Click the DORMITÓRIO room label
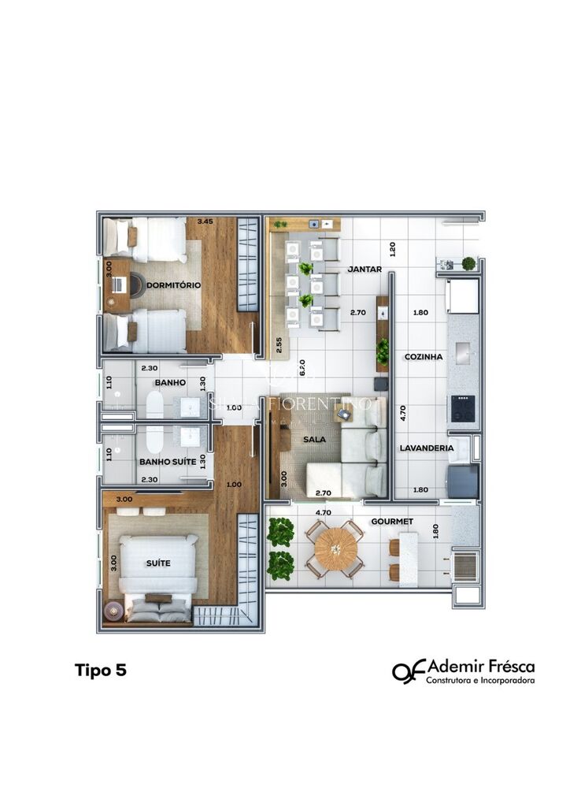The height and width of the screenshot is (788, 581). coord(173,284)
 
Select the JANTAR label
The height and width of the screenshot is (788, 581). coord(365,269)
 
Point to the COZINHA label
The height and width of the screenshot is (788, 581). coord(424,357)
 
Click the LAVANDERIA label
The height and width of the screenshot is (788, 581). coord(426,448)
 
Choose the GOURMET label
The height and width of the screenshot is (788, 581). coord(392,522)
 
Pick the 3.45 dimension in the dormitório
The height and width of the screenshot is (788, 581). coord(206,221)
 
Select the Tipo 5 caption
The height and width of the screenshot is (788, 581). coord(100,671)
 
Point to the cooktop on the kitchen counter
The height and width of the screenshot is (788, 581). coord(464,408)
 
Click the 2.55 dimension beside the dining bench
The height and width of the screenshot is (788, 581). coord(279,344)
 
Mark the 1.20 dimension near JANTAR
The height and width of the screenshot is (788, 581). coord(391,251)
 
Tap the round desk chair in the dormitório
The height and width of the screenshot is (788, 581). coord(135,284)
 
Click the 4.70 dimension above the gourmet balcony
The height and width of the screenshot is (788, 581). coord(322,511)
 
